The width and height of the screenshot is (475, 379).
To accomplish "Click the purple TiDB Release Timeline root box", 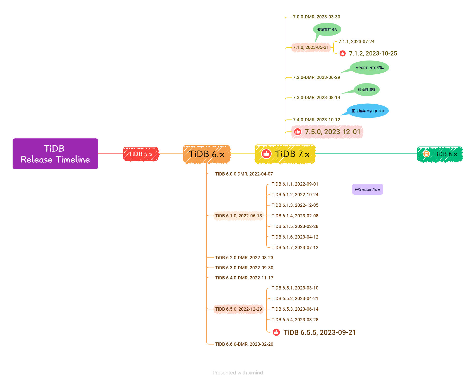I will (55, 154).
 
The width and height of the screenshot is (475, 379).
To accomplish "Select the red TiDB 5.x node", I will (141, 154).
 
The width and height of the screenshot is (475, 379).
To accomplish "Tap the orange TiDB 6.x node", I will (206, 154).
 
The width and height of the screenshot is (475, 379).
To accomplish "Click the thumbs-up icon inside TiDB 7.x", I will (266, 154).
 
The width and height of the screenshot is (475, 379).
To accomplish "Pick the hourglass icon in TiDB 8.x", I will (426, 154).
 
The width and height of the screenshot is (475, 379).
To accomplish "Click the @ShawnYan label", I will (367, 189).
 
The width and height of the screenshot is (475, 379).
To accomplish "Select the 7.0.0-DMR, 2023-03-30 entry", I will (316, 17).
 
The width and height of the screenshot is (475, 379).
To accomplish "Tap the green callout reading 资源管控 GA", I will (327, 30).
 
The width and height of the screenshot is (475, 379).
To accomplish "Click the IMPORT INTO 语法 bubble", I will (369, 68).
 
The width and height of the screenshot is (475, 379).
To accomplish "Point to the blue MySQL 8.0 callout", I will (367, 111).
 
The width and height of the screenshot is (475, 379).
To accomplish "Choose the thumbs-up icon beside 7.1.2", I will (342, 53).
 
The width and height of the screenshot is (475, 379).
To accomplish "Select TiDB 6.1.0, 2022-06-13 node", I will (238, 216).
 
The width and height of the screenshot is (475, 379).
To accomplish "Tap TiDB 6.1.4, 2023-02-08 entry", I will (295, 216).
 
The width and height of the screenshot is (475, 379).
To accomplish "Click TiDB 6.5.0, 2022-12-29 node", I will (238, 309).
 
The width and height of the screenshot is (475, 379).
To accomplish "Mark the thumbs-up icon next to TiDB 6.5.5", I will (276, 332).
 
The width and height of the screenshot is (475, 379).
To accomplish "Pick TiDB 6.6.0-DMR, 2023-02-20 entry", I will (244, 344).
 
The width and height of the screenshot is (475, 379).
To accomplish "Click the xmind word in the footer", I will (255, 373).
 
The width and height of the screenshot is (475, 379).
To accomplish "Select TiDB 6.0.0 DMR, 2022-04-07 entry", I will (244, 174).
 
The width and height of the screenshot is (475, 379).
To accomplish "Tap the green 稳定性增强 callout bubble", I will (367, 90).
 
